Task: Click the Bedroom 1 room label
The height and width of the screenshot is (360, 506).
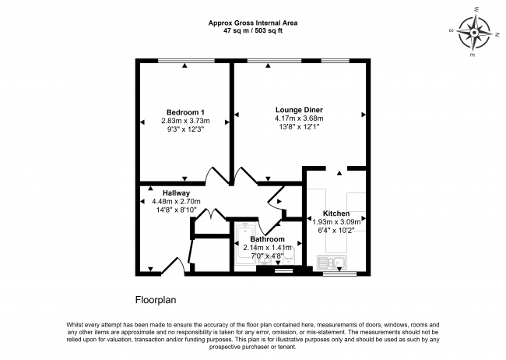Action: tap(184, 111)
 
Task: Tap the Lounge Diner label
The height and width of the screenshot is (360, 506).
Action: tap(299, 109)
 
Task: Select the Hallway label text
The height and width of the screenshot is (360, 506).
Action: tap(176, 192)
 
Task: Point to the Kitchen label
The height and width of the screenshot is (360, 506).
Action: tap(336, 213)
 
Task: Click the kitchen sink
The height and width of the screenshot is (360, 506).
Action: tap(332, 263)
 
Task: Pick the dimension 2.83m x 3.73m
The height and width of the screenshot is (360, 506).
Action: tap(184, 121)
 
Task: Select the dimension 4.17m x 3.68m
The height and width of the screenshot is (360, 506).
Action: tap(299, 118)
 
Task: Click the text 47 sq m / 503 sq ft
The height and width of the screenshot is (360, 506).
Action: tap(254, 31)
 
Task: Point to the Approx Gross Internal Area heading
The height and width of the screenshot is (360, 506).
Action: tap(254, 23)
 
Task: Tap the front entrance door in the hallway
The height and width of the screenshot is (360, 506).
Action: tap(175, 267)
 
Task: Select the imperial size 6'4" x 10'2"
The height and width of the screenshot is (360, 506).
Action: tap(336, 230)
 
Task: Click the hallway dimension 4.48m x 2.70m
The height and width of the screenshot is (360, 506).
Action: tap(176, 201)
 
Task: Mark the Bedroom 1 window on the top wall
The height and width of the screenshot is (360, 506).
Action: tap(184, 61)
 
